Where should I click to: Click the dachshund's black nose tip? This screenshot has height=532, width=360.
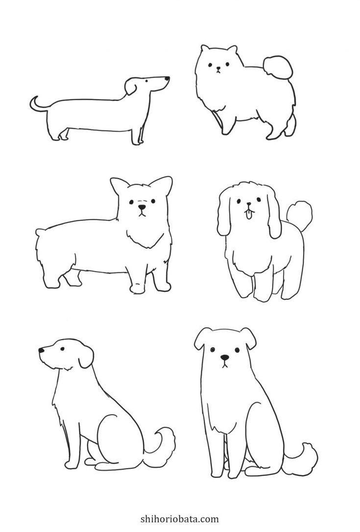coord(167,78)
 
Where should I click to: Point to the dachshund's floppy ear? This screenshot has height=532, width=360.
coord(130,86)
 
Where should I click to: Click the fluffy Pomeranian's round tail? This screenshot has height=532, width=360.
coord(278,67)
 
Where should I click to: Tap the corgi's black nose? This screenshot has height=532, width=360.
coord(142,207)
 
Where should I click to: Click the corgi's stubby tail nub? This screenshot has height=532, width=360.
coord(40,232)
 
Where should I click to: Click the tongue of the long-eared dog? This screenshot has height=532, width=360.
coord(249,215)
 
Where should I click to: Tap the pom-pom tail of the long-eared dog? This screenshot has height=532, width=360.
coord(299,213)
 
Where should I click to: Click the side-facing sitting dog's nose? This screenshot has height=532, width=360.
coord(41,350)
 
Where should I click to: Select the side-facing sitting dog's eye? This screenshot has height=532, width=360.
coord(62,348)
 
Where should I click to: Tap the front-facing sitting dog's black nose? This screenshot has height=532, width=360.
coord(224,357)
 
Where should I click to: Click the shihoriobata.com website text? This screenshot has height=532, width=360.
coord(180,519)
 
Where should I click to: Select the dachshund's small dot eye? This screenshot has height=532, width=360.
coord(146,81)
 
